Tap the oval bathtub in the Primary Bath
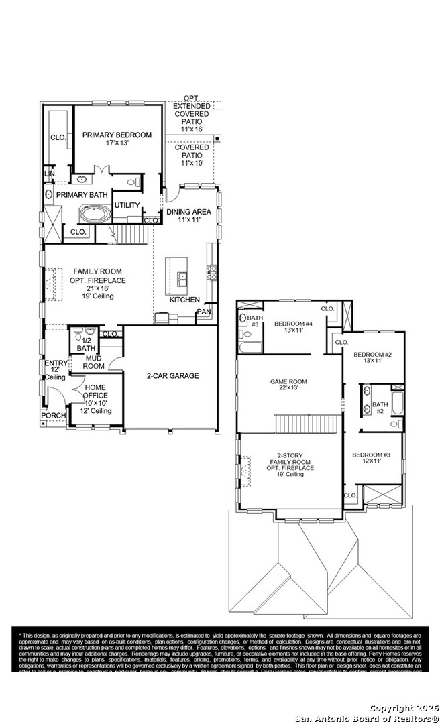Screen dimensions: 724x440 point(96,215)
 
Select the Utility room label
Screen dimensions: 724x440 point(127,206)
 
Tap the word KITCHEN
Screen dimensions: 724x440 point(184,300)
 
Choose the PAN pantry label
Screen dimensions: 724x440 point(204,312)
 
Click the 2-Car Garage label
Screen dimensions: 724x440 point(172,376)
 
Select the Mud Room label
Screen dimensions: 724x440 point(93,363)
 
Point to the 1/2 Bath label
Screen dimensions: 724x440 point(86,345)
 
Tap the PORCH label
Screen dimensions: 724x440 point(54,416)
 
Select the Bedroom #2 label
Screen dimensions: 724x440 point(372,357)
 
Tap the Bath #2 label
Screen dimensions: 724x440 point(380,408)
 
